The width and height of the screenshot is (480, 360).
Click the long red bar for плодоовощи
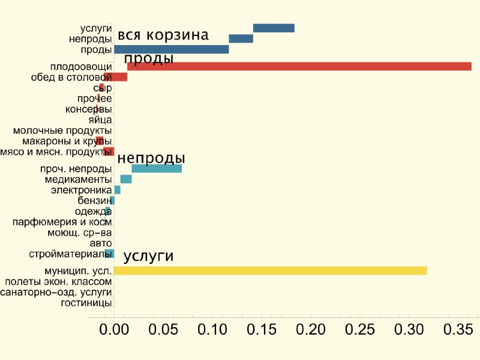click(x=299, y=67)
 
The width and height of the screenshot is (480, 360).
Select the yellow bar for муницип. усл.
click(x=271, y=271)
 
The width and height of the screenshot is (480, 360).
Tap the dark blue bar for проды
click(x=172, y=49)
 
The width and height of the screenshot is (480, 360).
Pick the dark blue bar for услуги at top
click(x=274, y=28)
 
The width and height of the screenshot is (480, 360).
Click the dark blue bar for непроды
click(x=241, y=38)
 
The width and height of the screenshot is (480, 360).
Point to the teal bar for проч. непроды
click(x=157, y=169)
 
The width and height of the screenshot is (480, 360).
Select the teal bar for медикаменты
click(x=126, y=179)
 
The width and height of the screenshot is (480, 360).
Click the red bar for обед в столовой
click(x=115, y=77)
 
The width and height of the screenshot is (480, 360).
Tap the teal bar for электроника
click(x=117, y=190)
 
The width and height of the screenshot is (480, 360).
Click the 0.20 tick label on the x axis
click(x=311, y=329)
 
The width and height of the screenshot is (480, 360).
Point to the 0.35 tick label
click(x=458, y=329)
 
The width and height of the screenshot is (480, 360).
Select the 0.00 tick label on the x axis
click(x=114, y=329)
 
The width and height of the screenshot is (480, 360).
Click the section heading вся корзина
click(x=163, y=35)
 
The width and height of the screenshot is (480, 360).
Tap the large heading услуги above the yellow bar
click(x=148, y=256)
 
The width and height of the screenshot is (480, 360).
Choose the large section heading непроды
click(x=151, y=158)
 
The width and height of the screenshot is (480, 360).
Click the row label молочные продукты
click(x=62, y=131)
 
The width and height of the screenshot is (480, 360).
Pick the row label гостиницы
click(x=86, y=303)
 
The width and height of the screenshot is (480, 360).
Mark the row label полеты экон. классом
click(x=58, y=281)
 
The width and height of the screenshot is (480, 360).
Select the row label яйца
click(x=100, y=120)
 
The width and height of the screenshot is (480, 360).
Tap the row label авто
click(x=101, y=244)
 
